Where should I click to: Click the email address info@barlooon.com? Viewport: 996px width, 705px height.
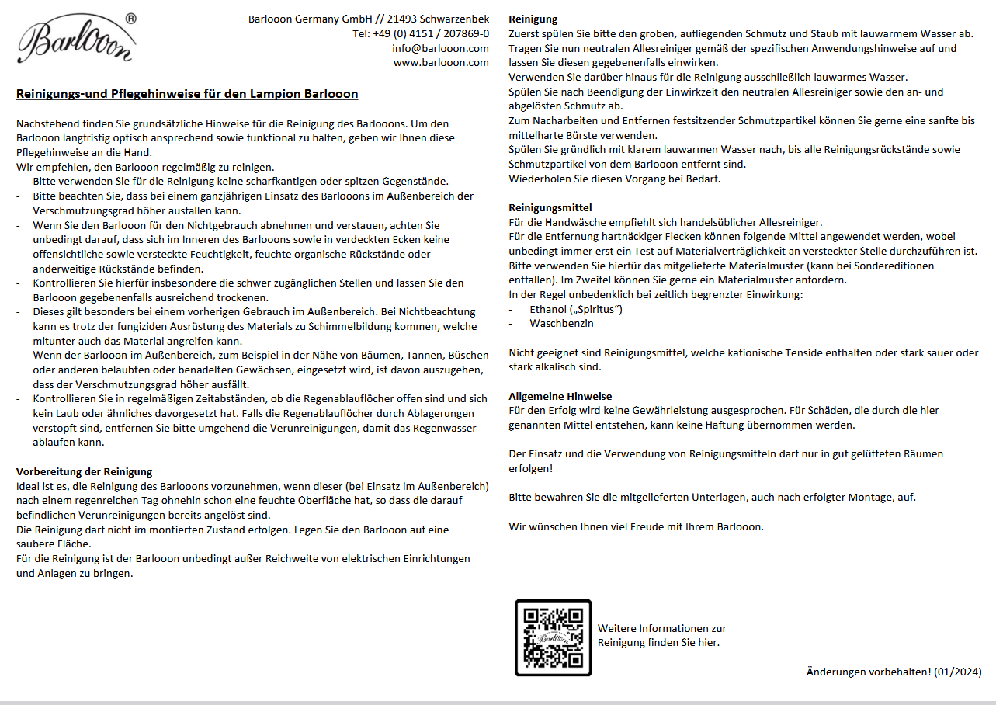pos(440,48)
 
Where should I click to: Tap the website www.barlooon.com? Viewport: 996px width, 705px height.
pos(441,62)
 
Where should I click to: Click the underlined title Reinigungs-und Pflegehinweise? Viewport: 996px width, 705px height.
pos(187,94)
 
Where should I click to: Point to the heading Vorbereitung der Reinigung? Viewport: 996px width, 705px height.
pos(84,471)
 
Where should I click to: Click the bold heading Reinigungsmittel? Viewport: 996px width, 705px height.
pos(550,207)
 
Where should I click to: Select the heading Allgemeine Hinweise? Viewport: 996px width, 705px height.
pos(560,396)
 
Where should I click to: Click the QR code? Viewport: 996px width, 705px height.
pos(553,637)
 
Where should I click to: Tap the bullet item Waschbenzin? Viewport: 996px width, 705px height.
pos(561,323)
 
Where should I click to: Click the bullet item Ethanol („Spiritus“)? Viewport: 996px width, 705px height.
pos(576,309)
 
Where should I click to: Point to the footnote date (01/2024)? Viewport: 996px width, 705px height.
pos(958,672)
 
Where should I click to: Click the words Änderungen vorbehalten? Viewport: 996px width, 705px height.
pos(868,672)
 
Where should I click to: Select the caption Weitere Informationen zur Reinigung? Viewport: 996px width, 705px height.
pos(661,635)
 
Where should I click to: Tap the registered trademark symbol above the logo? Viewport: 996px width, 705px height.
pos(130,17)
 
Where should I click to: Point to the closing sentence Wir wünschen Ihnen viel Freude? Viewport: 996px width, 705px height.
pos(636,526)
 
